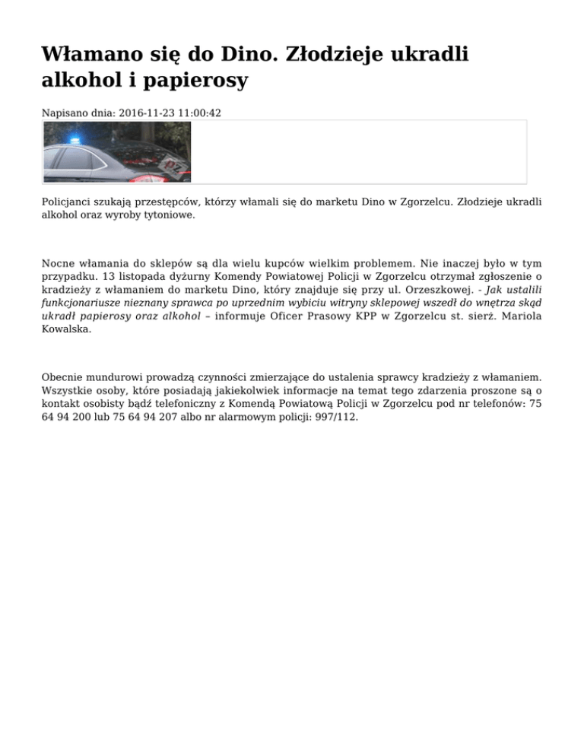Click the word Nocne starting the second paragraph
(59, 264)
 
